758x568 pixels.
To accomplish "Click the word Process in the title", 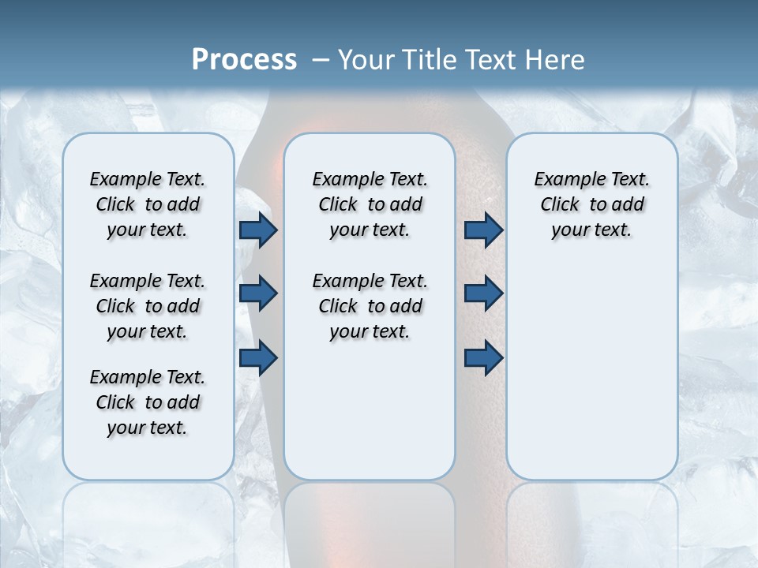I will click(244, 59).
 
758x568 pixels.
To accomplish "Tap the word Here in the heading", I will click(554, 60).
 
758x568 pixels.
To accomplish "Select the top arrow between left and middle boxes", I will click(258, 230).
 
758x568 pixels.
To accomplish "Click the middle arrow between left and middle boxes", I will click(258, 293).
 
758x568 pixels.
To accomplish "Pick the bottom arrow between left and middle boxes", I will click(258, 357).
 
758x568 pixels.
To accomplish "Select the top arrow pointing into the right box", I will click(483, 230).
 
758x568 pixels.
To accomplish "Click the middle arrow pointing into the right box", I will click(483, 293).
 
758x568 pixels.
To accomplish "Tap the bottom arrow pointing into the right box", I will click(483, 357).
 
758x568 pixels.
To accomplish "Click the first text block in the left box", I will click(148, 204).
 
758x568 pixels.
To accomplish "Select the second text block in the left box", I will click(148, 306).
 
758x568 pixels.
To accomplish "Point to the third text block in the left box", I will click(148, 402).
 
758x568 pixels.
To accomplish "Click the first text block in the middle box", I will click(370, 204).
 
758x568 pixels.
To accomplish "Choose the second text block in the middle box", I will click(370, 306).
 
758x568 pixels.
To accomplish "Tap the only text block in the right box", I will click(591, 204).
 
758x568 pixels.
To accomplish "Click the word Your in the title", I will click(364, 60).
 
